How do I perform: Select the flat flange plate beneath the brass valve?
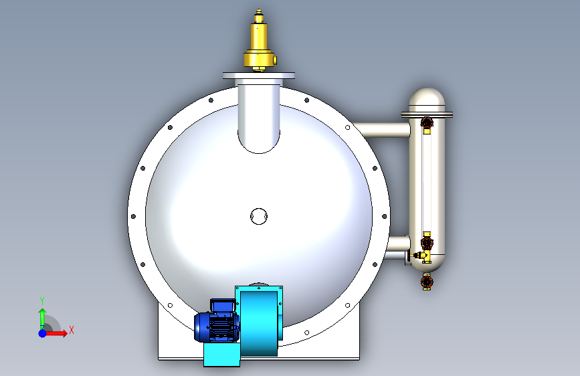(x=259, y=76)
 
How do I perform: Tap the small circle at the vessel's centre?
(x=259, y=216)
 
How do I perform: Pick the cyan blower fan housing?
(x=259, y=320)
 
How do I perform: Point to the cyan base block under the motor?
(x=221, y=354)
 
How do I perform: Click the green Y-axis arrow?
(x=42, y=318)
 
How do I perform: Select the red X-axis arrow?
(x=56, y=333)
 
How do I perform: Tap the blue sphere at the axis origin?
(x=43, y=333)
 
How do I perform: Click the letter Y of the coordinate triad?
(x=42, y=301)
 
